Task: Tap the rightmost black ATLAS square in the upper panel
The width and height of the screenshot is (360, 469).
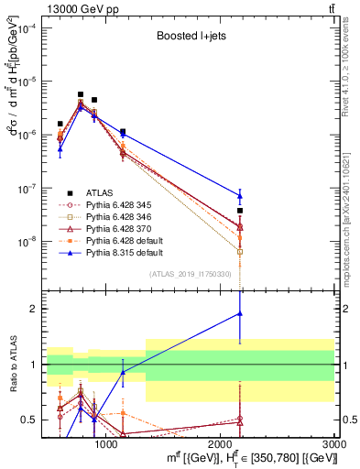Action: pos(240,211)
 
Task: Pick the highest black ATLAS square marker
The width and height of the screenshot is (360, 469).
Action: pos(81,94)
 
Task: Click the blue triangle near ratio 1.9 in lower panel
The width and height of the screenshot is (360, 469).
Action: pos(240,313)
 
